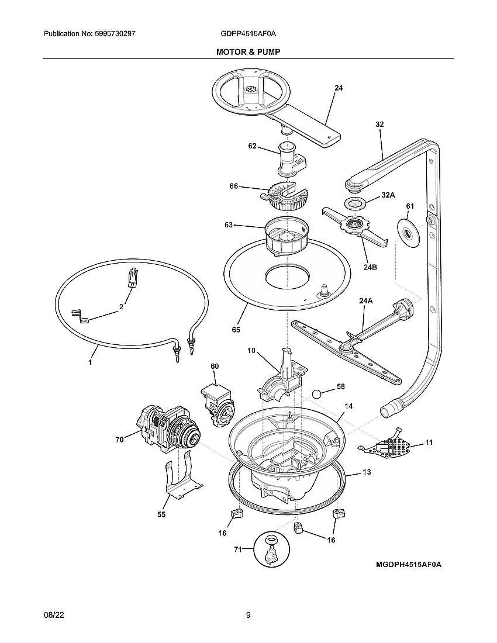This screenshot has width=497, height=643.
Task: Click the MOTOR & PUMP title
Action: (x=248, y=52)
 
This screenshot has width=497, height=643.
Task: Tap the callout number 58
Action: (x=341, y=387)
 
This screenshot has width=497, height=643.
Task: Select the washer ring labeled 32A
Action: (x=356, y=203)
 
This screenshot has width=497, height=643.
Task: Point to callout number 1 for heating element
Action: (x=91, y=362)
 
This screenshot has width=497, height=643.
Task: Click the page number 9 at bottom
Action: (x=248, y=614)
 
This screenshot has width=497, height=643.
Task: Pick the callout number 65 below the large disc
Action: (x=236, y=330)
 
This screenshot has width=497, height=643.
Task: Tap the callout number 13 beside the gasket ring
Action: (x=366, y=471)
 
